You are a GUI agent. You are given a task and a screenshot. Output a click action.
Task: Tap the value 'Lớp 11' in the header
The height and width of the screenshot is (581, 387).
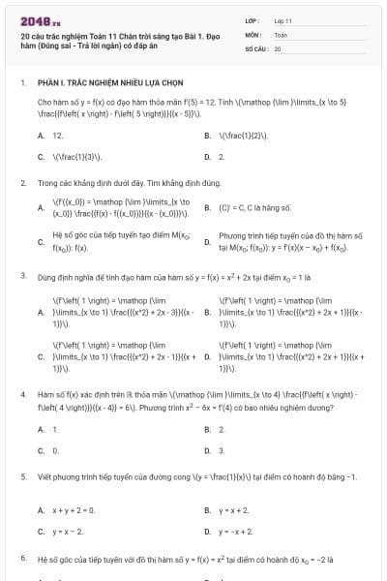pyautogui.click(x=283, y=20)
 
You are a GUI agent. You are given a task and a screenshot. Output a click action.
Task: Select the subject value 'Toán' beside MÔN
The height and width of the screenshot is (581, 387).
pyautogui.click(x=281, y=34)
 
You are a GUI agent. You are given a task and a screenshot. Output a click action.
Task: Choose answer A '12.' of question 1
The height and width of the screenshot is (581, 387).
pyautogui.click(x=58, y=137)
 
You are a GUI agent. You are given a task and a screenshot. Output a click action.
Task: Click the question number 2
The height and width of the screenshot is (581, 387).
pyautogui.click(x=23, y=182)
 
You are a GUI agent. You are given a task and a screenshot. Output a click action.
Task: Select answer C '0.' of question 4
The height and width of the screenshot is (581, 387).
pyautogui.click(x=55, y=450)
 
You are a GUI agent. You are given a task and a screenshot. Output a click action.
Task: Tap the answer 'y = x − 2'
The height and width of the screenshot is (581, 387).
pyautogui.click(x=68, y=531)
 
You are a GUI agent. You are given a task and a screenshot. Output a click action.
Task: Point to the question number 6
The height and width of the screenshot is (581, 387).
pyautogui.click(x=23, y=559)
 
